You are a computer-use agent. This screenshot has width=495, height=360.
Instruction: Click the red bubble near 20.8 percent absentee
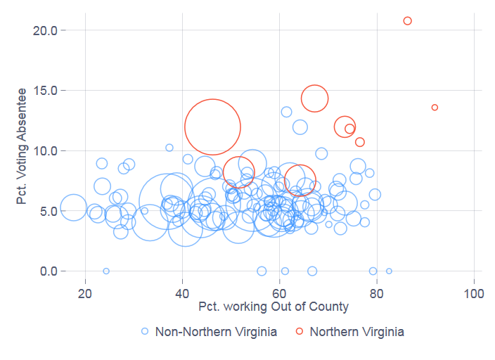click(x=408, y=21)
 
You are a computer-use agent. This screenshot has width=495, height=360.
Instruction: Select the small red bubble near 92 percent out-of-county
click(x=435, y=108)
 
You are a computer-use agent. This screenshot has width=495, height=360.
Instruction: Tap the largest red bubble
click(x=212, y=127)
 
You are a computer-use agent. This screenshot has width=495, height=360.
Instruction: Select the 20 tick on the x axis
click(x=85, y=292)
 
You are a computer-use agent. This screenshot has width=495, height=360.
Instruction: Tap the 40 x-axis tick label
click(x=183, y=292)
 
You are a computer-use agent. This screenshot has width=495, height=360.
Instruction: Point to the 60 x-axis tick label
click(x=280, y=292)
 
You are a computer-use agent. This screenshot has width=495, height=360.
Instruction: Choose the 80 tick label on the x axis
click(x=377, y=292)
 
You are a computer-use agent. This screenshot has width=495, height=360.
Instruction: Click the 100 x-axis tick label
click(x=474, y=292)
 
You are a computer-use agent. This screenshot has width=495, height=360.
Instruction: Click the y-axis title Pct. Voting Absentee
click(x=22, y=146)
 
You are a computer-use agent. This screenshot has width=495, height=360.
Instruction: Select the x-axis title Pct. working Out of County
click(x=274, y=307)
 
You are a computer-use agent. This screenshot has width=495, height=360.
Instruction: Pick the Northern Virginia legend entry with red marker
click(x=349, y=331)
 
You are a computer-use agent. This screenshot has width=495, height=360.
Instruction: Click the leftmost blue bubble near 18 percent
click(x=73, y=207)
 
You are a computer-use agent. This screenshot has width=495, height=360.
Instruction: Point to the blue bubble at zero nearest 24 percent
click(x=106, y=271)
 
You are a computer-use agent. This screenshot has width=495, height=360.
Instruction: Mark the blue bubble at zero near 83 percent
click(x=389, y=271)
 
